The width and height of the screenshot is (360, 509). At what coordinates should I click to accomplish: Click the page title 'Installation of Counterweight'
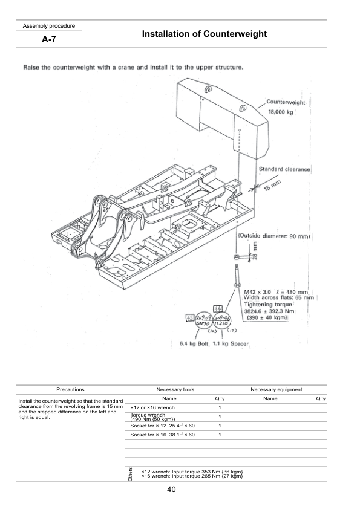point(204,34)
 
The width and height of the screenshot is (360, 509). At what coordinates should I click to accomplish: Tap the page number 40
point(180,490)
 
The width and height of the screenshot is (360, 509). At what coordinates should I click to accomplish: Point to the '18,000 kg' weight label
point(281,113)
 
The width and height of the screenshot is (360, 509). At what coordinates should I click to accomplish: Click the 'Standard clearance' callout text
point(284,169)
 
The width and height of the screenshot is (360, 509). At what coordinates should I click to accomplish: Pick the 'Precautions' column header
point(70,390)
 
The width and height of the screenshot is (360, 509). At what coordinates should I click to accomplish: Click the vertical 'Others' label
point(130,474)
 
